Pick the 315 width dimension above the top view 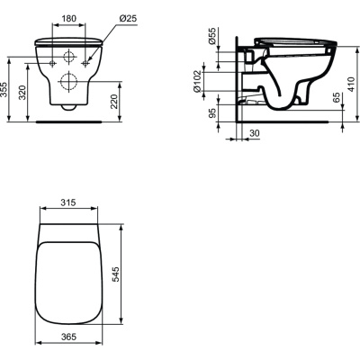[x=67, y=202]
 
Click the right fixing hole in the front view [x=85, y=64]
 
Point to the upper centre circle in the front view [x=69, y=56]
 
